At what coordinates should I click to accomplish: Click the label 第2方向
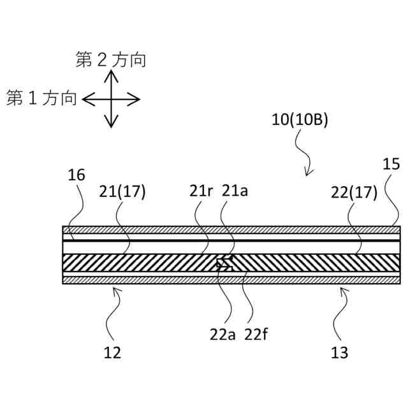[111, 61]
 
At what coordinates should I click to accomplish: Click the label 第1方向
[42, 99]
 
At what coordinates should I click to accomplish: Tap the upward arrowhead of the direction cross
[112, 73]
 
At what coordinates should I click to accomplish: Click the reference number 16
[76, 175]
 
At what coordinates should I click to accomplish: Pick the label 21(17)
[122, 191]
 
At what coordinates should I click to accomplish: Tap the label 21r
[201, 191]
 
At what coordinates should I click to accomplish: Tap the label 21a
[234, 191]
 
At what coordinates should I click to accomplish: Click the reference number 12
[112, 351]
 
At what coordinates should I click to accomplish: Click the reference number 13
[340, 351]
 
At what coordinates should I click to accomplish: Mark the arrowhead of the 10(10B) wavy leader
[309, 174]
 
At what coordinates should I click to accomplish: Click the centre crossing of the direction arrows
[112, 99]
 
